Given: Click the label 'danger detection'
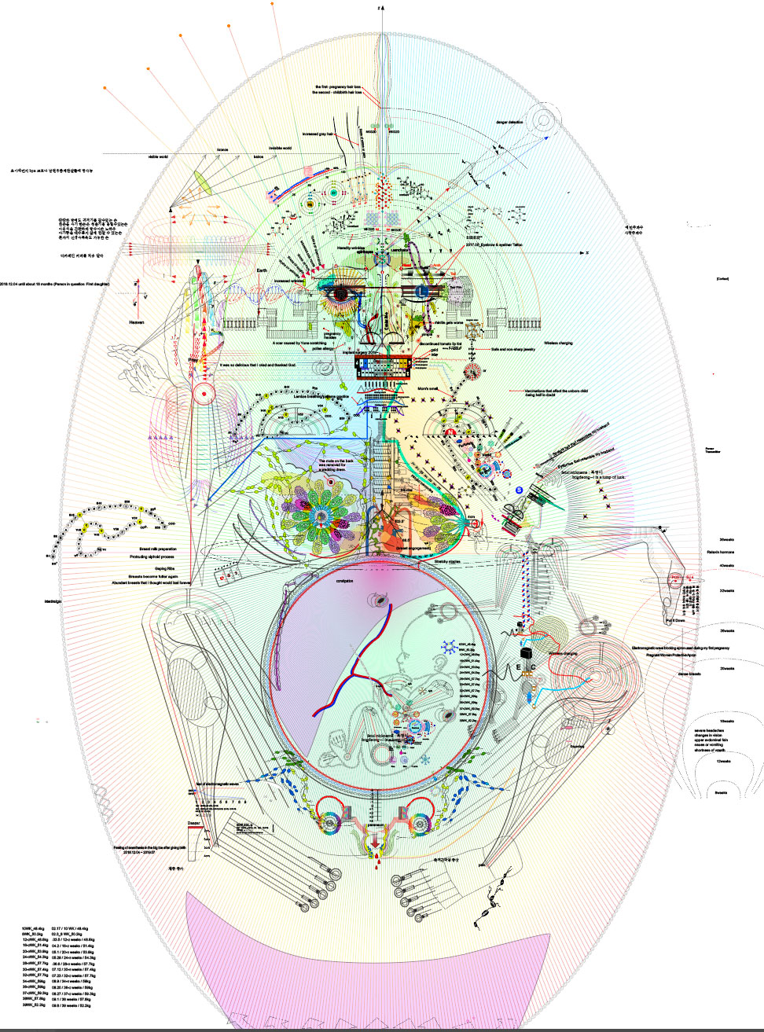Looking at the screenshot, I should (509, 123).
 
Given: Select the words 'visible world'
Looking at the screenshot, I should (158, 157).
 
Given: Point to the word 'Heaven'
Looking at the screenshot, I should (136, 322).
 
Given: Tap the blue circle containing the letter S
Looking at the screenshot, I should (520, 490).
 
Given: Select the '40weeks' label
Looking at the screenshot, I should (726, 566).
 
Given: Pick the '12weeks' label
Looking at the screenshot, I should (724, 761).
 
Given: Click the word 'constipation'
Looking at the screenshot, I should (344, 581).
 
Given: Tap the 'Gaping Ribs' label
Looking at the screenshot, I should (165, 567).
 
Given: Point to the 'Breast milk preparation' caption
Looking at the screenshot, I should (157, 549).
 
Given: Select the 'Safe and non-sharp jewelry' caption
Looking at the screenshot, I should (512, 349).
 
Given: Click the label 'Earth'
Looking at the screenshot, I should (262, 270).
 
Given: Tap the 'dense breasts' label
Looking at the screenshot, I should (689, 674).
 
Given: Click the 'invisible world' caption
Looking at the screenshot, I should (280, 148).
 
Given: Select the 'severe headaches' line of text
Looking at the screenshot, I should (709, 730).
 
